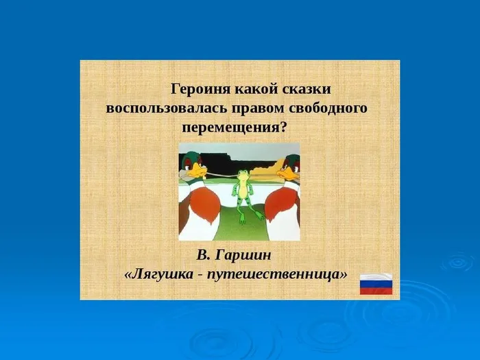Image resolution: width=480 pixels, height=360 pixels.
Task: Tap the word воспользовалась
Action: [x=161, y=108]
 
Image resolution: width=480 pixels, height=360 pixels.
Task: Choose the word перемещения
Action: [x=231, y=128]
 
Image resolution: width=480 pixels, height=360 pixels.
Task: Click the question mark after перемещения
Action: [x=283, y=128]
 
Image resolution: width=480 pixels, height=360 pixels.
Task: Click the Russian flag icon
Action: [x=376, y=283]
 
